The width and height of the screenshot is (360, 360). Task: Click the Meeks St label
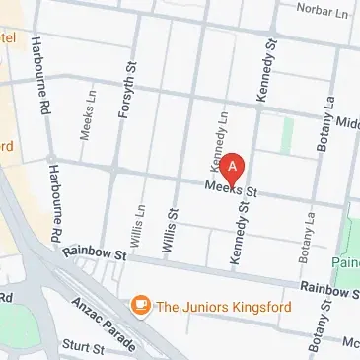(x=231, y=187)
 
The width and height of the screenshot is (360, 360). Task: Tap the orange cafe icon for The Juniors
(x=141, y=305)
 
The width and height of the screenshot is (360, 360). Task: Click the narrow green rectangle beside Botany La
(x=287, y=136)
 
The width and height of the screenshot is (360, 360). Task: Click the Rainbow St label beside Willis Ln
(x=95, y=254)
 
